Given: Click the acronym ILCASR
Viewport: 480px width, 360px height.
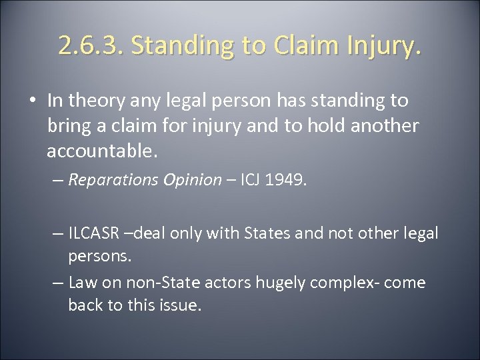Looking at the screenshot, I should (94, 234).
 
